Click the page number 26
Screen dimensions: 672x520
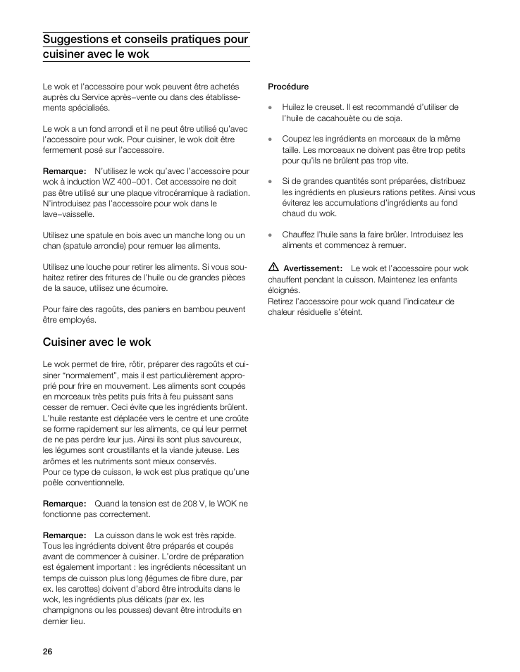[x=47, y=651]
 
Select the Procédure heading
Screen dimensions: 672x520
[x=288, y=87]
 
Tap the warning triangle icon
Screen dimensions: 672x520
[x=273, y=268]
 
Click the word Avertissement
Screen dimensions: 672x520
[x=311, y=268]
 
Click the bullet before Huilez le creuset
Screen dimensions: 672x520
[x=270, y=108]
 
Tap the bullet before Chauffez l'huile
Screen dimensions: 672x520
[x=270, y=235]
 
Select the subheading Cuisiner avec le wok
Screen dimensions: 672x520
[x=97, y=342]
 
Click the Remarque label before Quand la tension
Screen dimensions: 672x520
[x=64, y=504]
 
